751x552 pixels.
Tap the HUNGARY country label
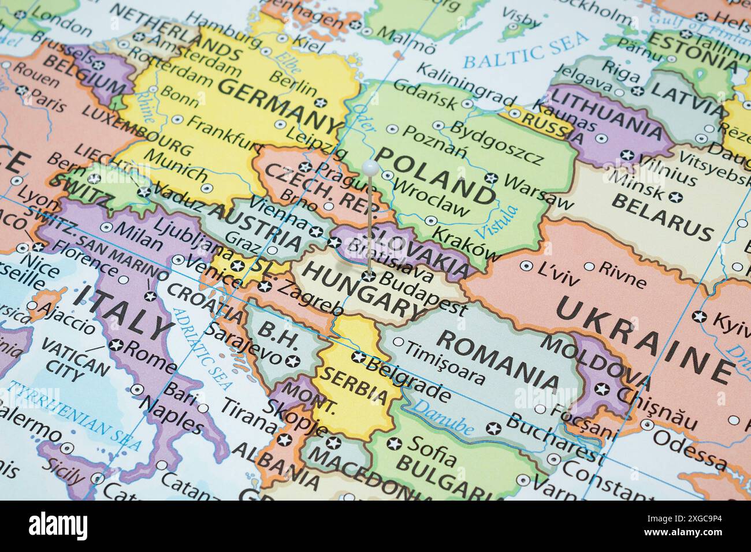[362, 289]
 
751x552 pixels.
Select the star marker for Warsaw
[492, 178]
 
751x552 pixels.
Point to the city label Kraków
[466, 244]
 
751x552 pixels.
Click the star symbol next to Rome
[117, 345]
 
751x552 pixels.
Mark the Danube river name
[445, 419]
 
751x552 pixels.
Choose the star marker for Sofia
[395, 444]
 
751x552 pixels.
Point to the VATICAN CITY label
[75, 361]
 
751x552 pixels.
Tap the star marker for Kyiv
[700, 316]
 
